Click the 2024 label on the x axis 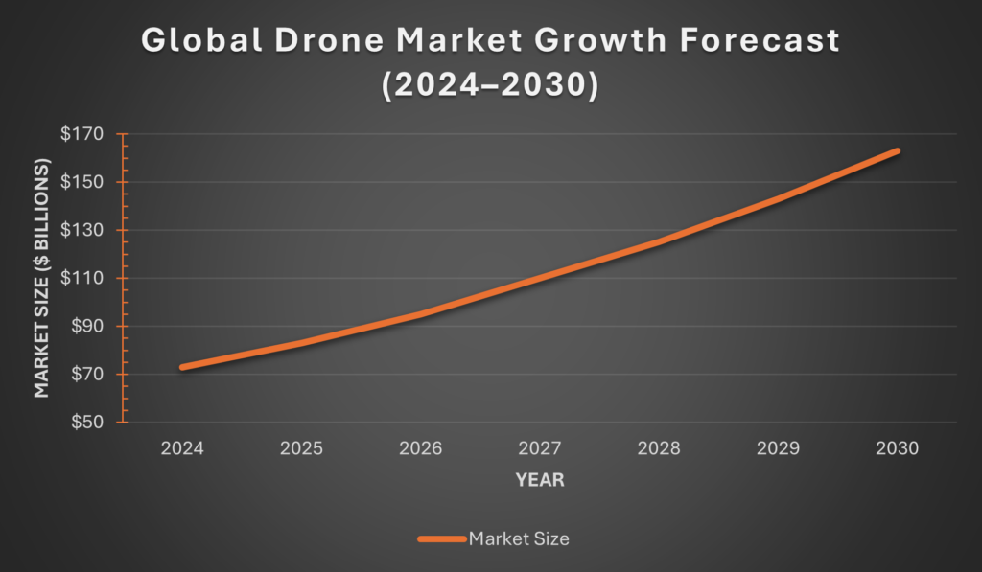[x=181, y=448]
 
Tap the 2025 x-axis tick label [x=301, y=448]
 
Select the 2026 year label [x=421, y=448]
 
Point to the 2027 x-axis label [x=540, y=448]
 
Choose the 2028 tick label [x=660, y=448]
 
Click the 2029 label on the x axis [x=780, y=448]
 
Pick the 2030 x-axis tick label [x=899, y=448]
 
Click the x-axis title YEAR [x=540, y=480]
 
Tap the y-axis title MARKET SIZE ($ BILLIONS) [x=41, y=278]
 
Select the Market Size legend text [x=519, y=538]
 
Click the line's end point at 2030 [x=899, y=150]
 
